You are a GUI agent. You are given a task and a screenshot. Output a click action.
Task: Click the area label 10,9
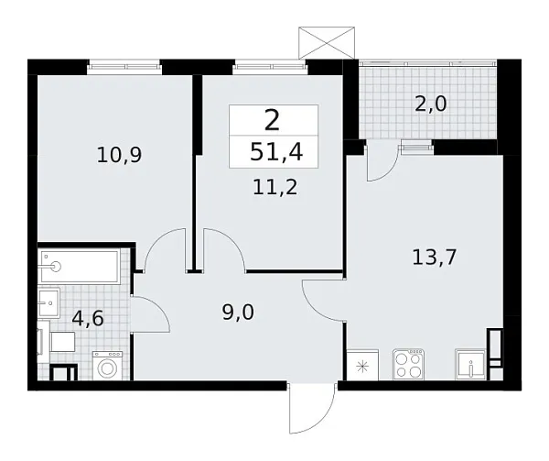point(119,155)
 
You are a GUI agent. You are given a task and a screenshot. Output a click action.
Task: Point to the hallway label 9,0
point(237,312)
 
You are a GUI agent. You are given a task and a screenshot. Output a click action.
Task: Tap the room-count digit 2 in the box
point(273,120)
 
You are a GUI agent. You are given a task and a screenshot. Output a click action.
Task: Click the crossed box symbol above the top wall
point(327,40)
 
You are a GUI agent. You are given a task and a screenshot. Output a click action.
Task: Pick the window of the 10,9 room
point(124,66)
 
